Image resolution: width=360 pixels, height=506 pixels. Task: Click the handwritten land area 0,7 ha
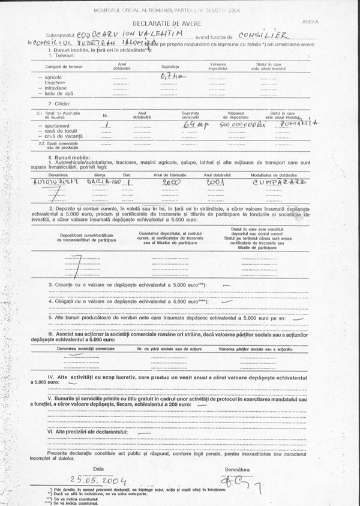click(x=166, y=76)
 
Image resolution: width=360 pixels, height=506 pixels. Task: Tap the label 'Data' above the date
click(x=98, y=468)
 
